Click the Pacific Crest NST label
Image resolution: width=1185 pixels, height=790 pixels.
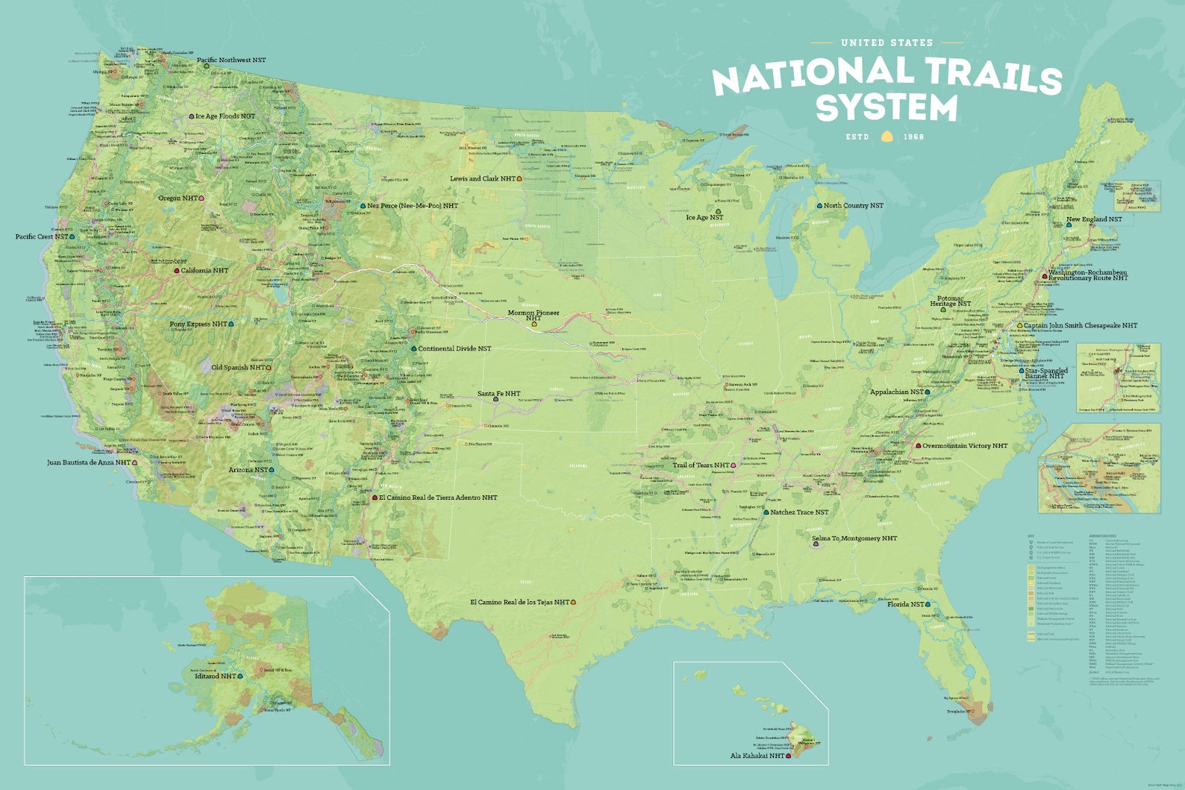[42, 236]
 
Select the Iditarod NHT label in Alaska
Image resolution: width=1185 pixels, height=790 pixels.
[215, 676]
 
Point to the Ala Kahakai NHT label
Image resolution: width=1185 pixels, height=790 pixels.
[757, 756]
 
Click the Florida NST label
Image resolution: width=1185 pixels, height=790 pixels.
[905, 604]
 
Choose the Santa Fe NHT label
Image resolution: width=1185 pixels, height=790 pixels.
[498, 394]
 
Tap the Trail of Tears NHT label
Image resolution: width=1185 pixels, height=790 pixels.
[701, 465]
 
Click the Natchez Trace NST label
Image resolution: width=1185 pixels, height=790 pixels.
[798, 512]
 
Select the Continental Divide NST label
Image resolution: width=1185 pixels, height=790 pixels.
[454, 348]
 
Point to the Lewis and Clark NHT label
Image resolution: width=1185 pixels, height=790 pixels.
[482, 179]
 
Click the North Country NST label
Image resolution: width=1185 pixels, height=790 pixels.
[853, 205]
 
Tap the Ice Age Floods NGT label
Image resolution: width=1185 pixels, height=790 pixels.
[225, 116]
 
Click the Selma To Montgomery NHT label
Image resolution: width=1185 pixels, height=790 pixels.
[854, 539]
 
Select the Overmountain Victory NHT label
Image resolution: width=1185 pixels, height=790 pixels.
[964, 445]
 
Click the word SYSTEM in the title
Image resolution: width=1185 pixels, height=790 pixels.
[887, 107]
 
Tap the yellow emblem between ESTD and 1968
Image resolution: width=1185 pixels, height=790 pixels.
[887, 137]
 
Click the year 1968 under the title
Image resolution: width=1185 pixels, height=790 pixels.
[913, 137]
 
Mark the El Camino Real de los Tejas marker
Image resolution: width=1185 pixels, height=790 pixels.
[574, 602]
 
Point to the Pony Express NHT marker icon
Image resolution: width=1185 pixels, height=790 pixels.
[231, 325]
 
